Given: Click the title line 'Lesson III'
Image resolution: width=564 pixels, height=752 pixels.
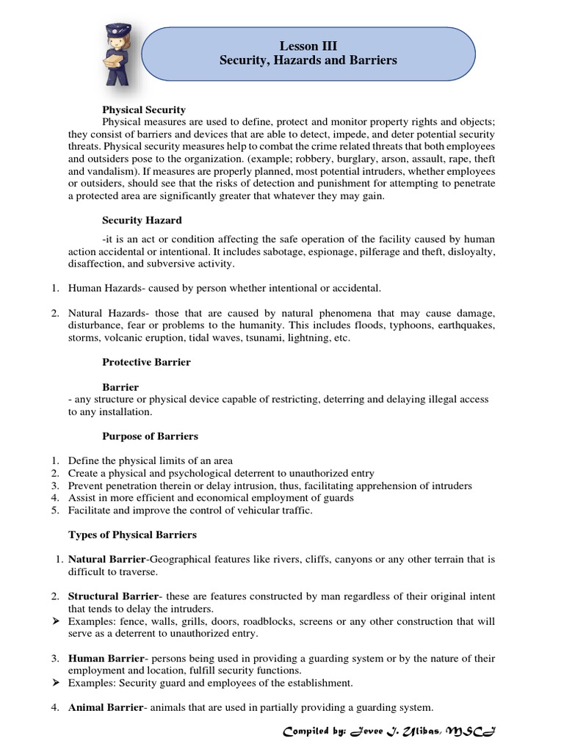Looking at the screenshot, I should pos(308,46).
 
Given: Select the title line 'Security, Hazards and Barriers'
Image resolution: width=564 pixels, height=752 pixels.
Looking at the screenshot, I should pos(308,60).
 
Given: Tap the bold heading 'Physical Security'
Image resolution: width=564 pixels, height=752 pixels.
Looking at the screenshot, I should pos(143,109).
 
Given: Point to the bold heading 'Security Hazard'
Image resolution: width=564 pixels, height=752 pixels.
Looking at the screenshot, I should pos(142,220).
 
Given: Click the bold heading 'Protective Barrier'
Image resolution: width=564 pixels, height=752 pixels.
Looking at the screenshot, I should pos(146,362).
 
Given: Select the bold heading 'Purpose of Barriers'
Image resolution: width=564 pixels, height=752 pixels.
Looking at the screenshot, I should pos(150,436).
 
